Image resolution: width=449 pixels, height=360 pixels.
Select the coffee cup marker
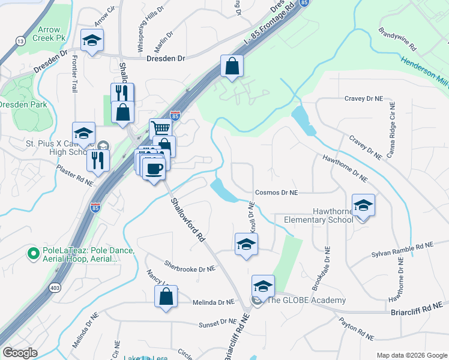click(x=154, y=168)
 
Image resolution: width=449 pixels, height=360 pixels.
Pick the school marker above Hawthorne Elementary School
click(x=363, y=205)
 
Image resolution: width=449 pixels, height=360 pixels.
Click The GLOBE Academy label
click(x=306, y=301)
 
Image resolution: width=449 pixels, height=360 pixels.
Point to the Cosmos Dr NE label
click(x=277, y=193)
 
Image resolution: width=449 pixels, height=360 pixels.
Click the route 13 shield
click(x=20, y=41)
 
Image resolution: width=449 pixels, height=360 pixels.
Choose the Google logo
click(x=20, y=353)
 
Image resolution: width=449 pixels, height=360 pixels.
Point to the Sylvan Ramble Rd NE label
click(x=402, y=246)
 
